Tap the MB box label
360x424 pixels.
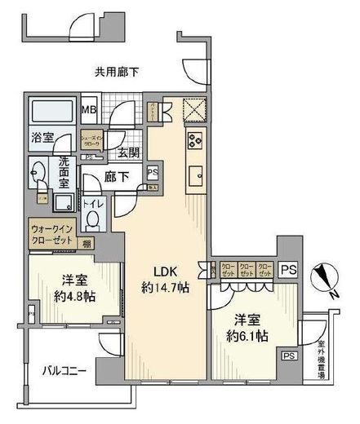(x=88, y=110)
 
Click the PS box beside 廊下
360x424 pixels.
(x=153, y=171)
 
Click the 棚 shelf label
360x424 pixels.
(x=86, y=243)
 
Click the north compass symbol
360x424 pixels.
(x=328, y=282)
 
